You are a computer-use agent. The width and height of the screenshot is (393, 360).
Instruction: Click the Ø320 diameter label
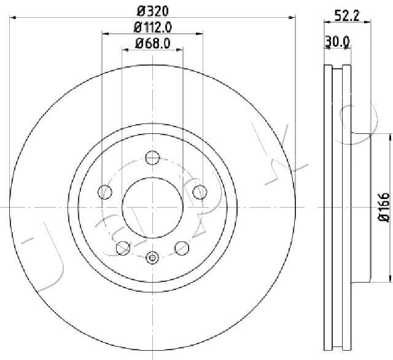click(153, 11)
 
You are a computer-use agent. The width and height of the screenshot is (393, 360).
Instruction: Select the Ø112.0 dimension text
click(153, 27)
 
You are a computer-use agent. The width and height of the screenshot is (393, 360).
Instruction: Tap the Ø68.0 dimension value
click(153, 44)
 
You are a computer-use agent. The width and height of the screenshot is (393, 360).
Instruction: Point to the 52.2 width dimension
click(348, 16)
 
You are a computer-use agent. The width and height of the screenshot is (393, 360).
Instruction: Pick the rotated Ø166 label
click(384, 207)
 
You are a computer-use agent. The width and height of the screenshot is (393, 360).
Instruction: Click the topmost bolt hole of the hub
click(152, 158)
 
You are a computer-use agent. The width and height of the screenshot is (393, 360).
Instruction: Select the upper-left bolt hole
click(105, 192)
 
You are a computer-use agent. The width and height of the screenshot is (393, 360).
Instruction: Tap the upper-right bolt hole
click(200, 192)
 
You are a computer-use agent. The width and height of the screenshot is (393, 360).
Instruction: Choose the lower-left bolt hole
click(123, 248)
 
